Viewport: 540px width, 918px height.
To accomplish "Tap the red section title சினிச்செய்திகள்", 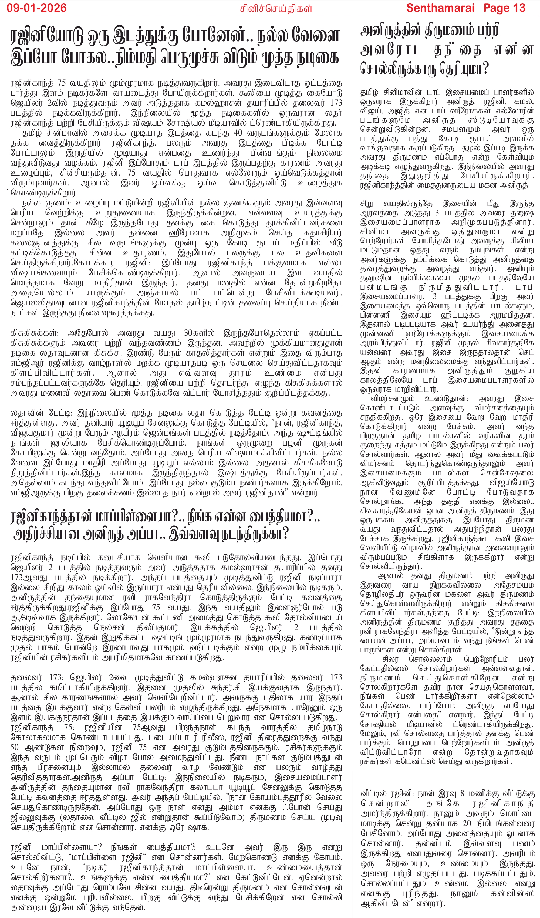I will point(276,8).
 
